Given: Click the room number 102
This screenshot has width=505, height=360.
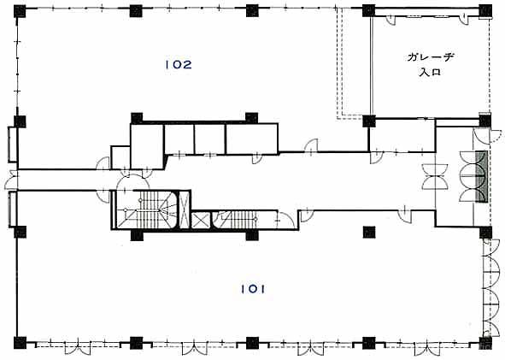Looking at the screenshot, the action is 179,65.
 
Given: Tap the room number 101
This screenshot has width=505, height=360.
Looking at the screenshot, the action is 253,289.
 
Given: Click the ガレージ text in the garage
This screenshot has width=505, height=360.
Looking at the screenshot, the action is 431,57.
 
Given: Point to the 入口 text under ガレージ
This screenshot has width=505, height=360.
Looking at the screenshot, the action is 430,72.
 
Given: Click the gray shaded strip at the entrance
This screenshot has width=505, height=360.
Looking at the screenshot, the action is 481,177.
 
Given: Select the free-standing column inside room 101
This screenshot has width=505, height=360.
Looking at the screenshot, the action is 369,232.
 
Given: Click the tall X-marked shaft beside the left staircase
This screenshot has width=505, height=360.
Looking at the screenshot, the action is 184,210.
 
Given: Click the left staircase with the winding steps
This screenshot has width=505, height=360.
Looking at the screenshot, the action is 145,210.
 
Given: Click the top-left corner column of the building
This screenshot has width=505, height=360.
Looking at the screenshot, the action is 20,12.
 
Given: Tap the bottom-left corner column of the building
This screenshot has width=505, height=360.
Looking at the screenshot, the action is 20,343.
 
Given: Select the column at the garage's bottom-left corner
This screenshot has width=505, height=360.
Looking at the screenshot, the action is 369,121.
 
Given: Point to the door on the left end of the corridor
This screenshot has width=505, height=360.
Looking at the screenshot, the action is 11,180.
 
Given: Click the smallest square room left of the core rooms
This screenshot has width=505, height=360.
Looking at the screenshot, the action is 120,157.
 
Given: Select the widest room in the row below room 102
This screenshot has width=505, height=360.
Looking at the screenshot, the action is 252,139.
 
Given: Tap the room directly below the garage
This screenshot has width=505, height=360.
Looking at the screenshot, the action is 402,135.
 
